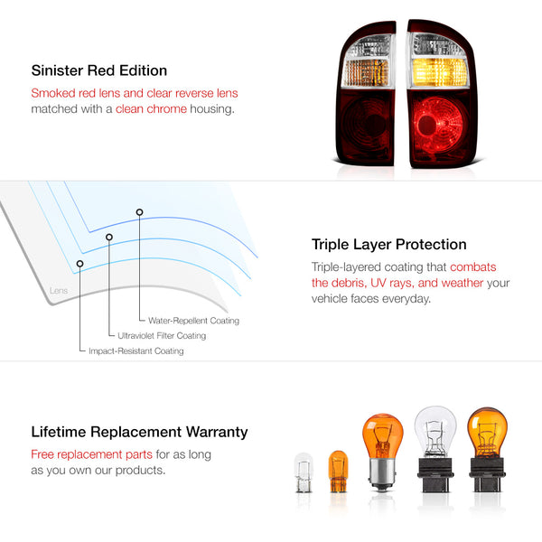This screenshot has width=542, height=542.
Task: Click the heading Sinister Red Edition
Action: click(x=99, y=70)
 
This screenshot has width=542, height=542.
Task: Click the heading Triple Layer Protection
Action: click(x=388, y=245)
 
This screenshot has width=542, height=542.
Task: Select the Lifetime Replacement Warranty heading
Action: click(x=139, y=432)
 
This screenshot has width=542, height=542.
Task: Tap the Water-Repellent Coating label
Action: click(x=193, y=321)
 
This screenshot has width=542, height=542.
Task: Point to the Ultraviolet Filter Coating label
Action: click(x=162, y=336)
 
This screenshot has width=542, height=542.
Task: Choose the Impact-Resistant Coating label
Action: click(x=136, y=350)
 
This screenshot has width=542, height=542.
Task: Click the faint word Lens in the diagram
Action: click(x=59, y=290)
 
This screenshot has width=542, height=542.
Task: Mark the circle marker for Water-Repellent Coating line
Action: click(x=139, y=212)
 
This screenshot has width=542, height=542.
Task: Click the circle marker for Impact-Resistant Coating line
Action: click(x=79, y=264)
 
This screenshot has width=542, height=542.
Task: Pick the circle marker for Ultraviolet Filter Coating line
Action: click(x=109, y=237)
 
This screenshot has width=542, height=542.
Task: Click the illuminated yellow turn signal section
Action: click(x=439, y=72)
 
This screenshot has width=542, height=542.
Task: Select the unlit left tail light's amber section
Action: click(x=367, y=73)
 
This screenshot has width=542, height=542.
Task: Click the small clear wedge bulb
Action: click(x=304, y=472)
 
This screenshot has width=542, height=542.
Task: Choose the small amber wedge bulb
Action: click(x=338, y=472)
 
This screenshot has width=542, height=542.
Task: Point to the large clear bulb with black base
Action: click(x=435, y=449)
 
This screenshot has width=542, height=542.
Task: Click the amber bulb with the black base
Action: click(x=487, y=449)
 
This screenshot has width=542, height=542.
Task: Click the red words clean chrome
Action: click(x=151, y=109)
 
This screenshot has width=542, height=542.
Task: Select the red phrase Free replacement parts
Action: click(x=91, y=454)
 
